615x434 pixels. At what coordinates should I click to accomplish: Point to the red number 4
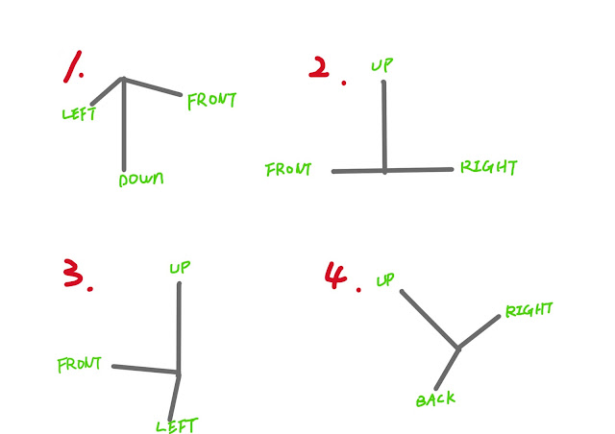coord(336,275)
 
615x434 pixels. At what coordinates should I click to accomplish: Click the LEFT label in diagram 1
coord(81,114)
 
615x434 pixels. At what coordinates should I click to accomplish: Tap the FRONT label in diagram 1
coord(211,100)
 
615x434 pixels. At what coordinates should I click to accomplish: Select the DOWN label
coord(140,180)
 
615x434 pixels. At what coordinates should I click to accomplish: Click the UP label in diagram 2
coord(382,64)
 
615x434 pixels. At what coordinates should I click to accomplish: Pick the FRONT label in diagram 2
coord(288,170)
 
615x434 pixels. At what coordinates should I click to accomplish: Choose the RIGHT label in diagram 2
coord(489,167)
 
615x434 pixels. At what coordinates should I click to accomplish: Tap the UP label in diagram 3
coord(180,267)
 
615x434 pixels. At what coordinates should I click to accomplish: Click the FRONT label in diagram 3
coord(81,365)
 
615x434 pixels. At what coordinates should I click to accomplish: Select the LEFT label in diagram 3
coord(178,424)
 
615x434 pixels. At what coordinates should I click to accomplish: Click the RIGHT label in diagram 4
coord(529,310)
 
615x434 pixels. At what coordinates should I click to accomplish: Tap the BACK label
coord(435,399)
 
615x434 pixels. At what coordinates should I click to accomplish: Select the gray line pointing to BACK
coord(447,368)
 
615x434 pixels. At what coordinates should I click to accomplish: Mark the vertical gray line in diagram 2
coord(383,125)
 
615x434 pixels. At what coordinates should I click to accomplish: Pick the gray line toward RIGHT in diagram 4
coord(480,331)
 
